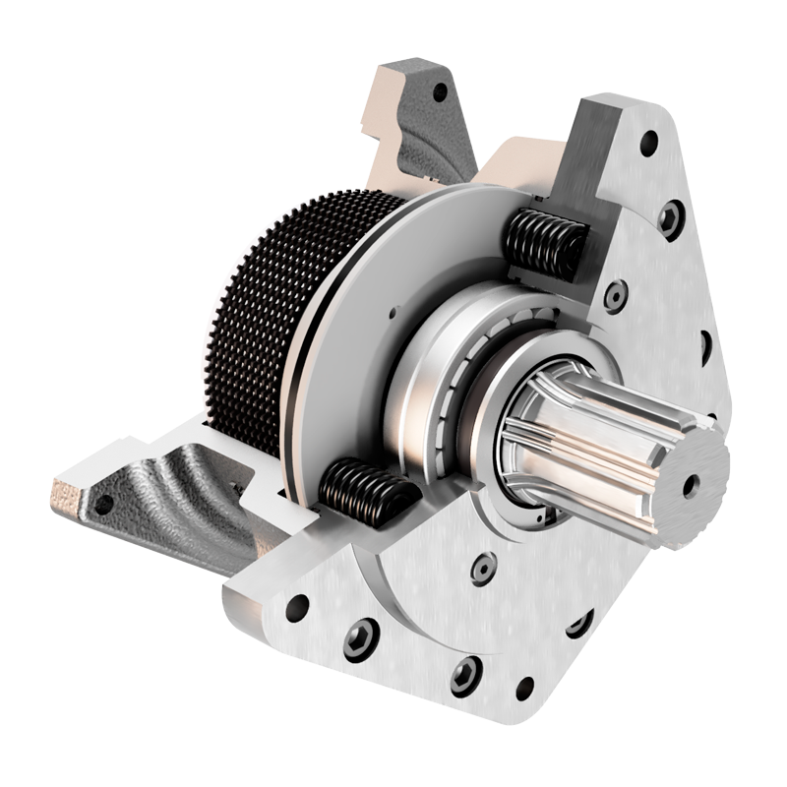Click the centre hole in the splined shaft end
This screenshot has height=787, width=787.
tap(692, 484)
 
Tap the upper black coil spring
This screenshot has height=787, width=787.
tap(544, 243)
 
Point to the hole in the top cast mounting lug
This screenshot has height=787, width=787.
tap(440, 92)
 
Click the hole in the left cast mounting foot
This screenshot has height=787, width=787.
tap(103, 505)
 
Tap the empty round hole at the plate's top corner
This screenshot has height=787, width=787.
tap(648, 143)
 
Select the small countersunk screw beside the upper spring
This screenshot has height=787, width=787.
tap(616, 294)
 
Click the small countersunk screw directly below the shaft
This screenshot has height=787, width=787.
tap(483, 568)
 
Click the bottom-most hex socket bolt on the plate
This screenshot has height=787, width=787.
tap(465, 676)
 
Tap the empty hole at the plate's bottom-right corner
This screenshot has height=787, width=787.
tap(525, 689)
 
